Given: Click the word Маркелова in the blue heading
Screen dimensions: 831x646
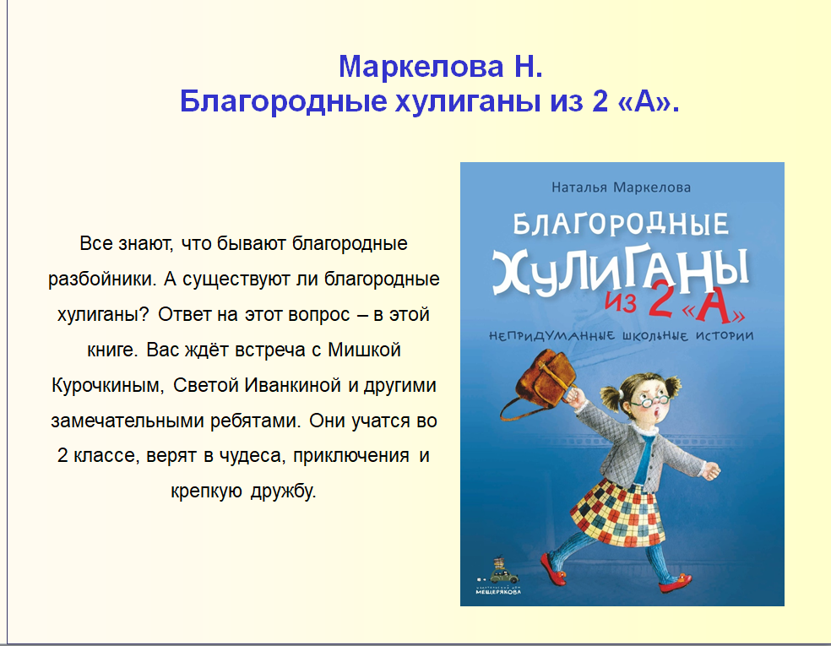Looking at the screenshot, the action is click(421, 67).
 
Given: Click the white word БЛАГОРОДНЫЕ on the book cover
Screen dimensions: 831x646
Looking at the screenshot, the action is click(621, 224).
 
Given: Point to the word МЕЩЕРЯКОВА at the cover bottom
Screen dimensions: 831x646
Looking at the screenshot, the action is click(498, 592).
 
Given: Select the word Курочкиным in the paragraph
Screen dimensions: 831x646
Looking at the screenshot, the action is click(106, 385).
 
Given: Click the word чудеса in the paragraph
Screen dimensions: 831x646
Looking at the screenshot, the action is click(250, 456).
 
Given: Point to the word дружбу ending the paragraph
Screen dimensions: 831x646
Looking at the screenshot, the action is click(283, 491).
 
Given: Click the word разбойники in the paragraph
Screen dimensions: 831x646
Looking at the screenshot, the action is click(102, 280).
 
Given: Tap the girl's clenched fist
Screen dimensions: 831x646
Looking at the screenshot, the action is click(711, 470).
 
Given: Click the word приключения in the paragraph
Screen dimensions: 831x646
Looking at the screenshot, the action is click(350, 456).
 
